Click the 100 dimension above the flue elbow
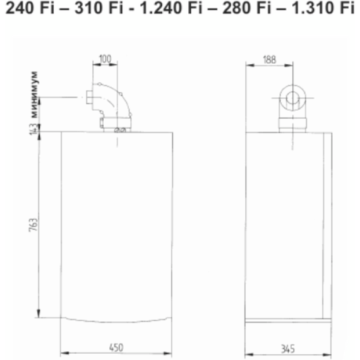[105, 59]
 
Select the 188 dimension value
[270, 59]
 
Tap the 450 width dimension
[116, 347]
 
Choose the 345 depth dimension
[287, 347]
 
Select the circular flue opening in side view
[291, 99]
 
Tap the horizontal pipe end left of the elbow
[86, 99]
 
